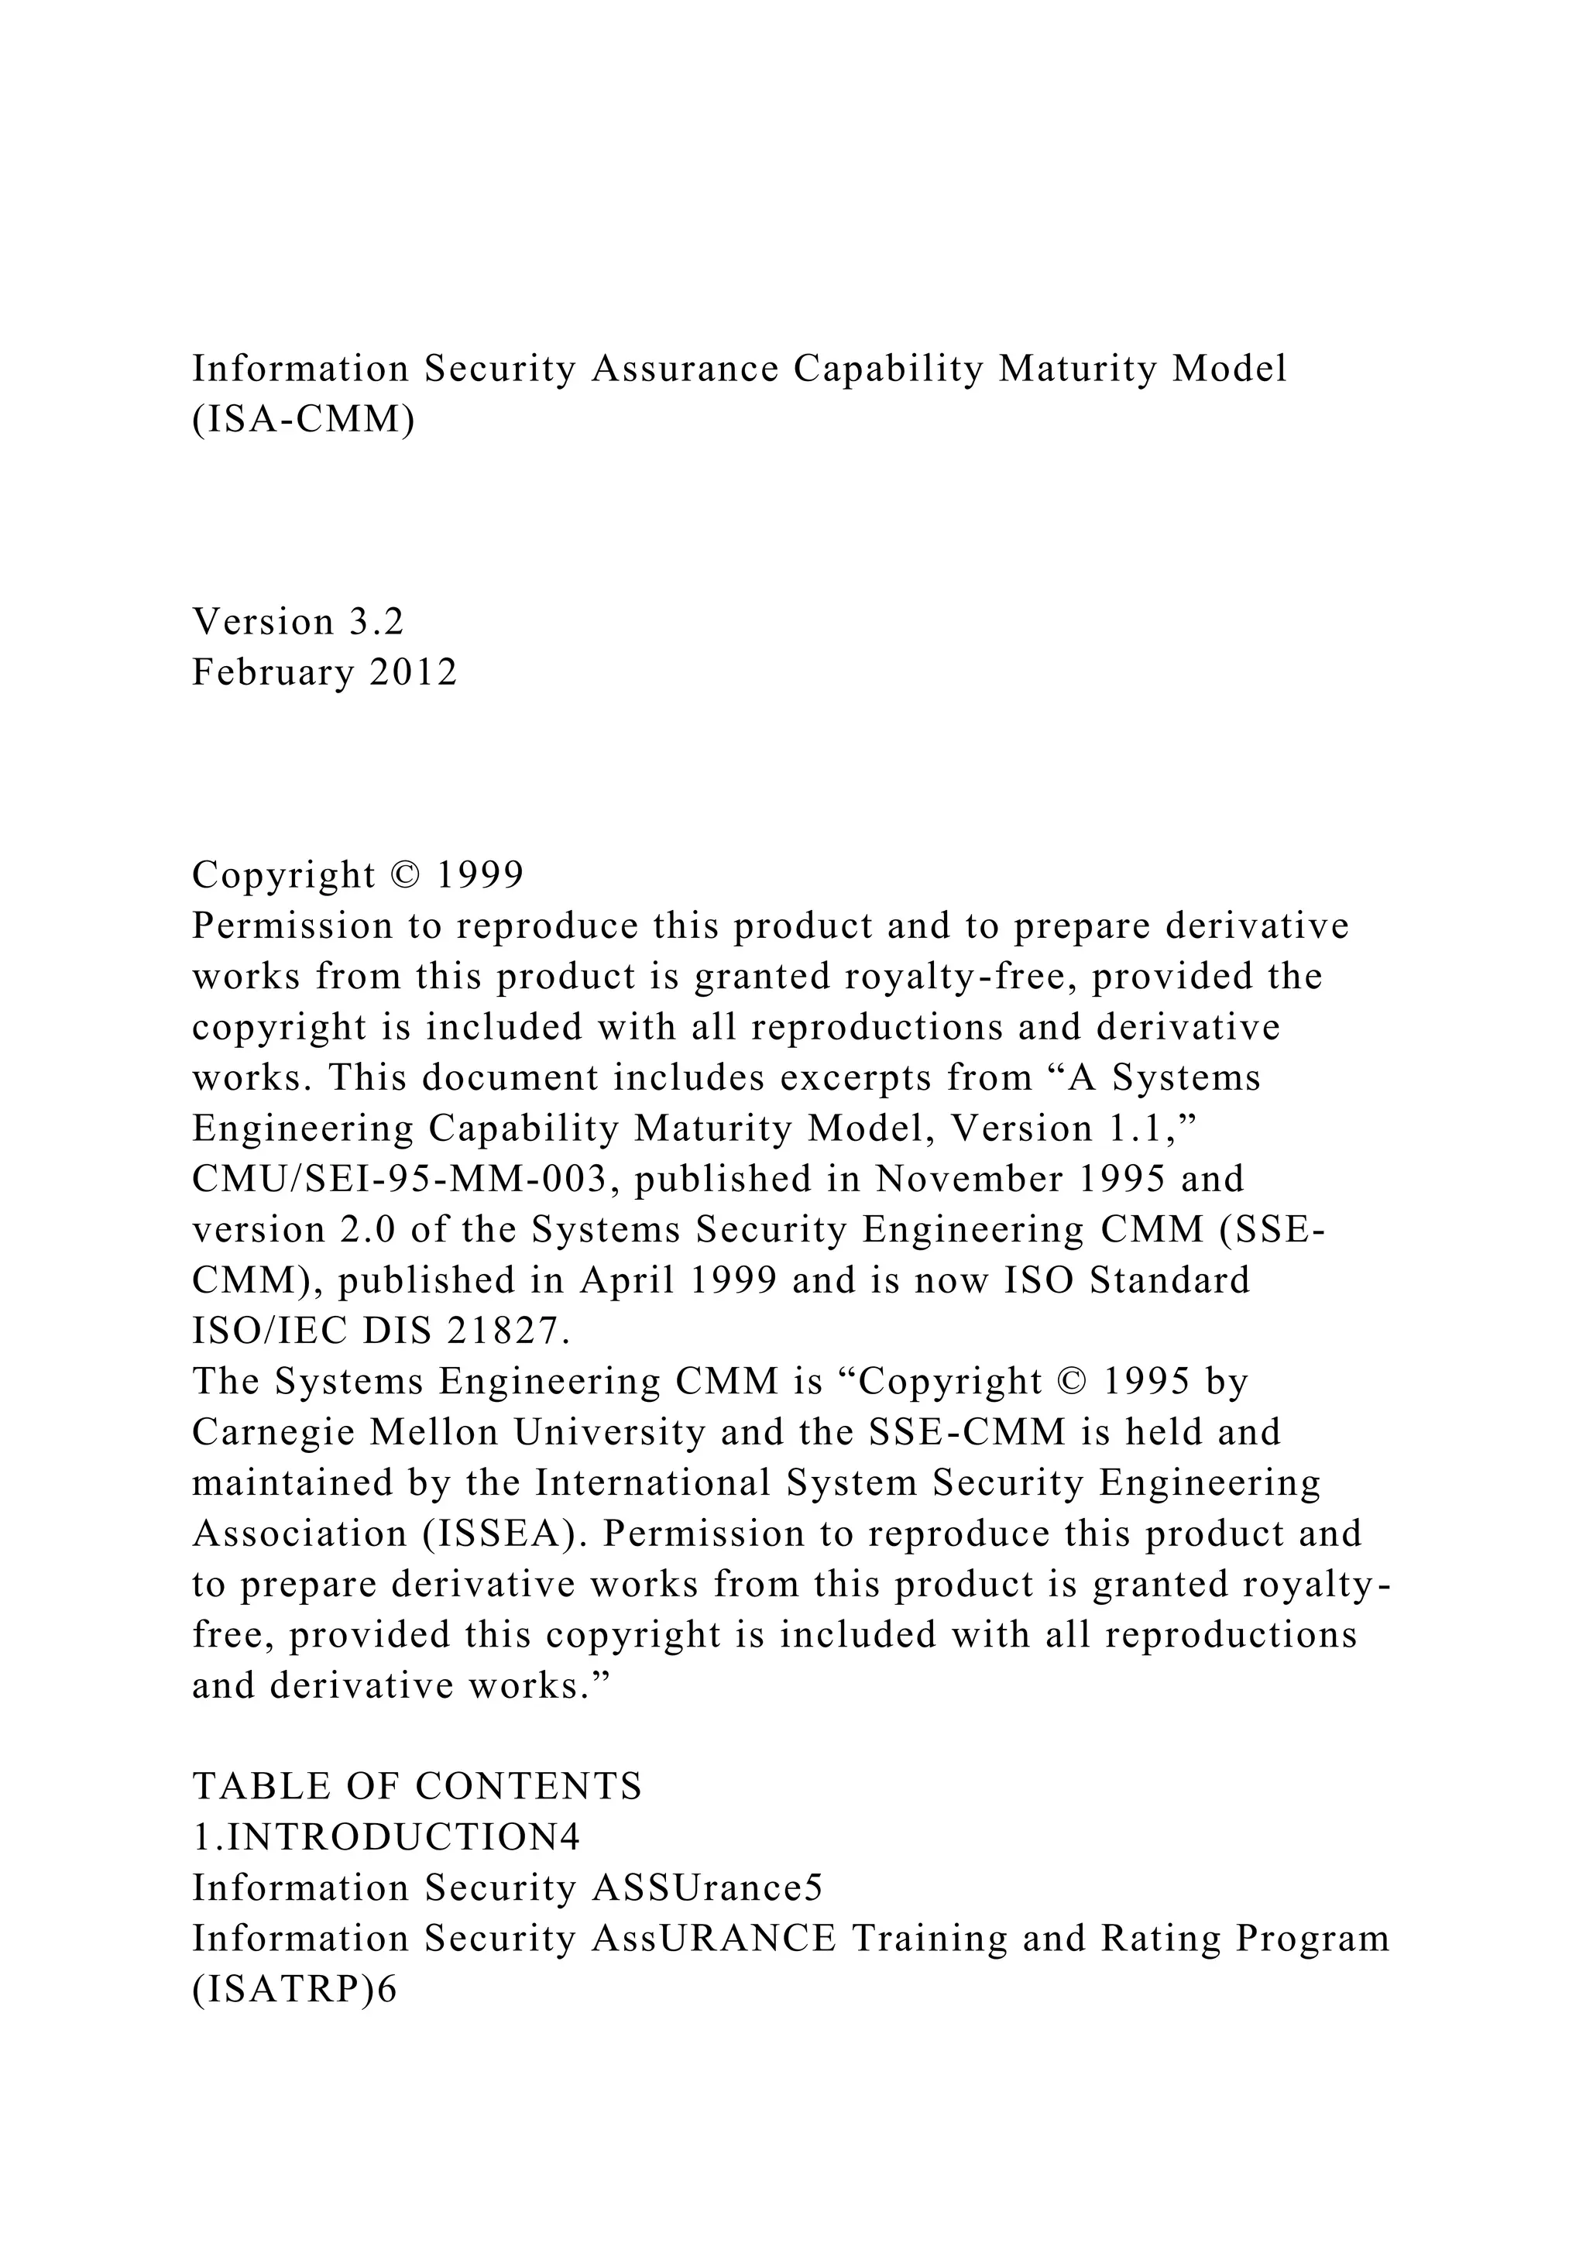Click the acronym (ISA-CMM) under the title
(303, 419)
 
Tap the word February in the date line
(273, 672)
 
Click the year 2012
(413, 672)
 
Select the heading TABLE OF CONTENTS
(417, 1786)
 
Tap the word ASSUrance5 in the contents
(707, 1887)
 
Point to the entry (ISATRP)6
(295, 1989)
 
